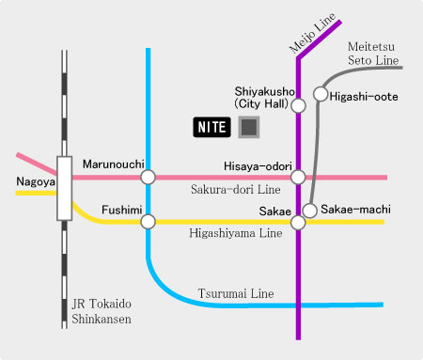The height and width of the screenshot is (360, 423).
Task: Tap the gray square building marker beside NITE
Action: [x=249, y=127]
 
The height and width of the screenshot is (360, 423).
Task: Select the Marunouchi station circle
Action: [x=148, y=177]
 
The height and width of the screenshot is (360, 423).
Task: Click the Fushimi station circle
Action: [x=148, y=222]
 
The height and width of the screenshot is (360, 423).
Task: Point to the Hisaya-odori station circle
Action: [x=298, y=177]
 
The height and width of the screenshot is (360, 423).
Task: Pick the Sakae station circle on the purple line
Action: [x=298, y=223]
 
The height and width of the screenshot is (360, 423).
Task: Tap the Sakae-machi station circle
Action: [x=310, y=210]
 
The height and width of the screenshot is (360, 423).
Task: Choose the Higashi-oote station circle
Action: [x=321, y=94]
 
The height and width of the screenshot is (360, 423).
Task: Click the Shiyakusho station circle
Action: [x=298, y=105]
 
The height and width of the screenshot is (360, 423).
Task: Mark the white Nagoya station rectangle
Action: [x=64, y=187]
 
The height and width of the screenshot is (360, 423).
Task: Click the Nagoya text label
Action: [x=35, y=180]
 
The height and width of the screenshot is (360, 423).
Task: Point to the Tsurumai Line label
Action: [x=236, y=294]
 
